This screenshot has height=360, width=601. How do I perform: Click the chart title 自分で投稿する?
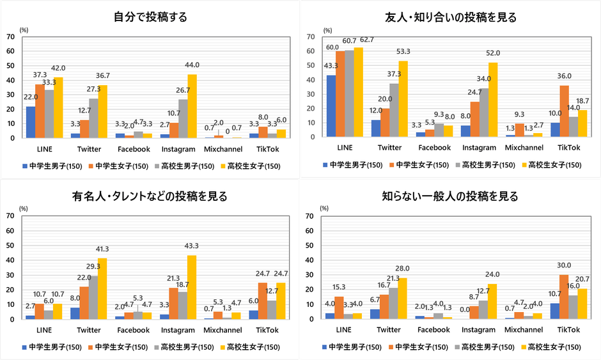click(150, 17)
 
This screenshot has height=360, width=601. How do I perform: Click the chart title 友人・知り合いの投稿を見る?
click(451, 17)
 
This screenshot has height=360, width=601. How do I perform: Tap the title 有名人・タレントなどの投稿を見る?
click(150, 196)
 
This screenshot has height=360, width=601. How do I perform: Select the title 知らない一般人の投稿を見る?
click(451, 196)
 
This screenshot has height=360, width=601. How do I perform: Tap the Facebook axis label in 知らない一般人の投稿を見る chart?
click(433, 330)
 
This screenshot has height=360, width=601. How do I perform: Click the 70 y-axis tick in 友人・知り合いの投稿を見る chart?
click(312, 36)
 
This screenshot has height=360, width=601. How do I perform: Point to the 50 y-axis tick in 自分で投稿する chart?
click(11, 65)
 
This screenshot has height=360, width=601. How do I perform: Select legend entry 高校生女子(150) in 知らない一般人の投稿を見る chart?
click(551, 347)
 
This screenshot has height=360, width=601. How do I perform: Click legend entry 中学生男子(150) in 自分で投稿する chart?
click(51, 166)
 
